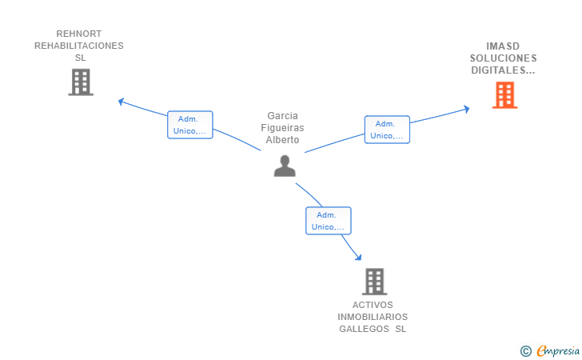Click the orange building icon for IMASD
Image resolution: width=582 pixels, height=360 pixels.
[x=504, y=95]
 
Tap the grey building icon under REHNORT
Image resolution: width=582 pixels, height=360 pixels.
[x=81, y=82]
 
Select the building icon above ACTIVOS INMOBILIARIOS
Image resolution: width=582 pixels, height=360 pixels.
[x=374, y=282]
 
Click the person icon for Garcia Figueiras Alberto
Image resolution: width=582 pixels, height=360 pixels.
[x=285, y=166]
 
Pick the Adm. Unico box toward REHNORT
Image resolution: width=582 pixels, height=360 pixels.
[x=190, y=125]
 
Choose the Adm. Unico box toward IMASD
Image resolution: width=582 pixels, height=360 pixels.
[x=387, y=130]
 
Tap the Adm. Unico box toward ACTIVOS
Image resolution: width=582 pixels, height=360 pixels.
[x=329, y=221]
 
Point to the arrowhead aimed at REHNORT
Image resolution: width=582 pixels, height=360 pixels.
[x=121, y=101]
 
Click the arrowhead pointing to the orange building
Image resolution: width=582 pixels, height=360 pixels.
[x=467, y=109]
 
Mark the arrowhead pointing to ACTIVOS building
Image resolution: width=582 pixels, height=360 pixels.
[x=358, y=257]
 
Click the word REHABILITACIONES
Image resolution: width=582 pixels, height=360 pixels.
[x=79, y=46]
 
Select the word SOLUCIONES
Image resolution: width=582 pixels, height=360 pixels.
[x=504, y=58]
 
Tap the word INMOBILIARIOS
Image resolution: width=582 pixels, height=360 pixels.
[x=373, y=317]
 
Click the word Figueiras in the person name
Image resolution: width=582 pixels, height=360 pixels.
[x=282, y=128]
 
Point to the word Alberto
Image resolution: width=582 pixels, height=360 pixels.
[x=282, y=140]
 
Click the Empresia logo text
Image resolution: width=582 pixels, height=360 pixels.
[x=558, y=350]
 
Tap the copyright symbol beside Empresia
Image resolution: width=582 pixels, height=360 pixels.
[x=525, y=351]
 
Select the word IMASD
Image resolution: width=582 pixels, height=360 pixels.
[x=503, y=46]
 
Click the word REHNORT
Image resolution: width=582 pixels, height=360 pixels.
[x=79, y=34]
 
